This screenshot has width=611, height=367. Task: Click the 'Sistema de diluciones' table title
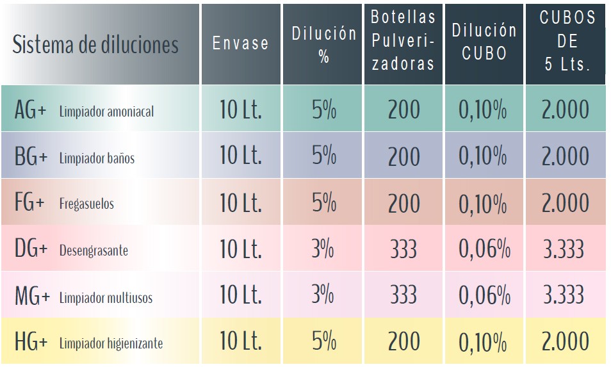95,45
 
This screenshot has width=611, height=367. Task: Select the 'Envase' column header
240,44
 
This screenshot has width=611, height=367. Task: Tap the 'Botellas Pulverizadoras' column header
403,40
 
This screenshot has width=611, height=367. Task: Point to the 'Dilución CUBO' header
484,42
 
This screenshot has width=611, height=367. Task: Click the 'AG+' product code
31,110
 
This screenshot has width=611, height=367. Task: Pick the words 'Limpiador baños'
97,158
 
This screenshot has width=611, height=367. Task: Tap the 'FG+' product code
29,204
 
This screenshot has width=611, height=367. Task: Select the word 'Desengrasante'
94,250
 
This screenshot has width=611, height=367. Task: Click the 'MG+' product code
32,297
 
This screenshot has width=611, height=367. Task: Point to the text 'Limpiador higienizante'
111,343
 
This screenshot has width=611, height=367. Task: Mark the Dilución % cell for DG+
323,249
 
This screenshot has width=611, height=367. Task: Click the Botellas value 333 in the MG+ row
403,295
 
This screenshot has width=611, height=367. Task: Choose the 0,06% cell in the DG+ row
484,249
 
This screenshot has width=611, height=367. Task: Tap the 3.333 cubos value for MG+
564,295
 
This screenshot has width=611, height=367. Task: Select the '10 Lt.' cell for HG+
240,341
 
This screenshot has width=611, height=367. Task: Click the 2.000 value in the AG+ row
565,110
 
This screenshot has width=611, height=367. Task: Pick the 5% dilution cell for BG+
323,156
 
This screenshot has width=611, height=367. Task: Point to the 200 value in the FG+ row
403,203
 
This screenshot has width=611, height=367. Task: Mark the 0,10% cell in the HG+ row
483,341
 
